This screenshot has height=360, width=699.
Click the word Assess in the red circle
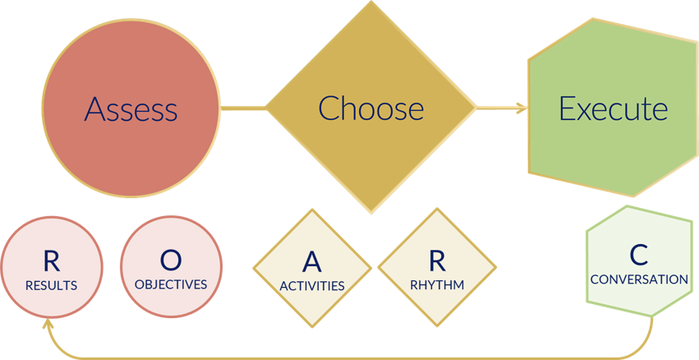point(131,108)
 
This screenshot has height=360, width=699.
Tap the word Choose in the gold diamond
point(371,108)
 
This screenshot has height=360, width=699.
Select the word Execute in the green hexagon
point(614,108)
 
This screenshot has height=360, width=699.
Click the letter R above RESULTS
point(51,261)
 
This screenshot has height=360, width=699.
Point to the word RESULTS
point(51,286)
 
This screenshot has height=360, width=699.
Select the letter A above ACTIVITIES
point(311,262)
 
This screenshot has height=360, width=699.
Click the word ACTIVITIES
point(311,286)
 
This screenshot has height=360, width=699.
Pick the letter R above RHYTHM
point(437,261)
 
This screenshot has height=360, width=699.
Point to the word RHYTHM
point(437,285)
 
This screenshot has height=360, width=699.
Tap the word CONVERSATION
point(639,279)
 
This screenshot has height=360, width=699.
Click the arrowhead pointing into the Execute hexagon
point(521,107)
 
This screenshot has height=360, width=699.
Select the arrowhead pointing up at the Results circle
point(48,324)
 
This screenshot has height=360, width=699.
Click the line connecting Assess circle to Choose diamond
point(244,107)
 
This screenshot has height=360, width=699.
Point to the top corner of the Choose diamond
point(371,3)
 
